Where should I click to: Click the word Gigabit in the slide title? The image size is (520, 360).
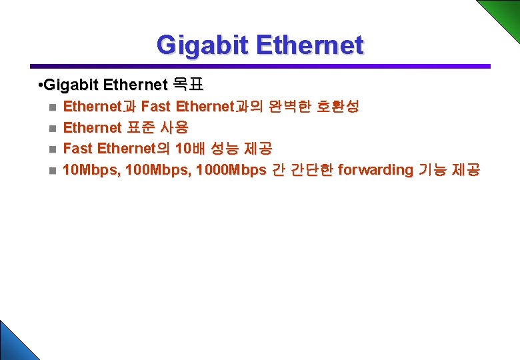tap(201, 45)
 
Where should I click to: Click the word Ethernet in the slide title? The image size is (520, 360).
tap(309, 45)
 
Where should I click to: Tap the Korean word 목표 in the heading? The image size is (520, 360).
tap(188, 85)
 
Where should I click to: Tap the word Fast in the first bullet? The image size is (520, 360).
tap(156, 106)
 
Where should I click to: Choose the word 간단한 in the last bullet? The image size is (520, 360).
tap(311, 170)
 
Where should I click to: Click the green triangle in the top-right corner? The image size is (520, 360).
tap(503, 13)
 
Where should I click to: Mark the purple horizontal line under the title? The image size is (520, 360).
tap(260, 66)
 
